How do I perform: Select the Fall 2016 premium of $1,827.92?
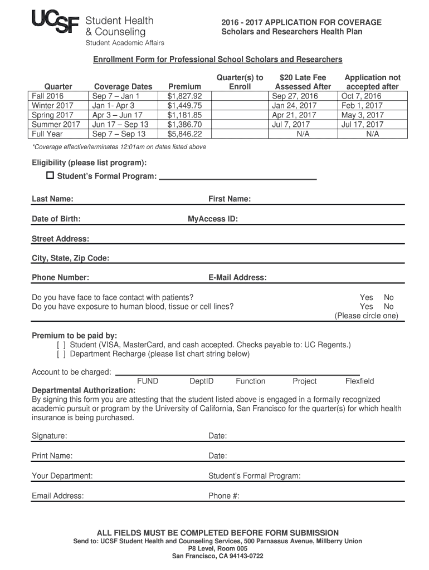184,96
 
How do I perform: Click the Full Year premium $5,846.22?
184,134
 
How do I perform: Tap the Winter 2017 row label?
52,105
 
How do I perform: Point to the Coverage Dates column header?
123,86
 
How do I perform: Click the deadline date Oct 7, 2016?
362,96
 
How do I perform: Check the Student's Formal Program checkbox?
50,176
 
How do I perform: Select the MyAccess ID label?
213,219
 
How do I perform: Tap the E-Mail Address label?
237,277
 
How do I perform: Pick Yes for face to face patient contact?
367,297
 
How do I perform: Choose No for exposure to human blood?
388,306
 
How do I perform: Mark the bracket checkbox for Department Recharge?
61,353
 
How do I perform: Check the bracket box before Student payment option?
61,345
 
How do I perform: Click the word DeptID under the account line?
201,381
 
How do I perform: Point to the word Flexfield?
359,381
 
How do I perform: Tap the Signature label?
50,436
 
